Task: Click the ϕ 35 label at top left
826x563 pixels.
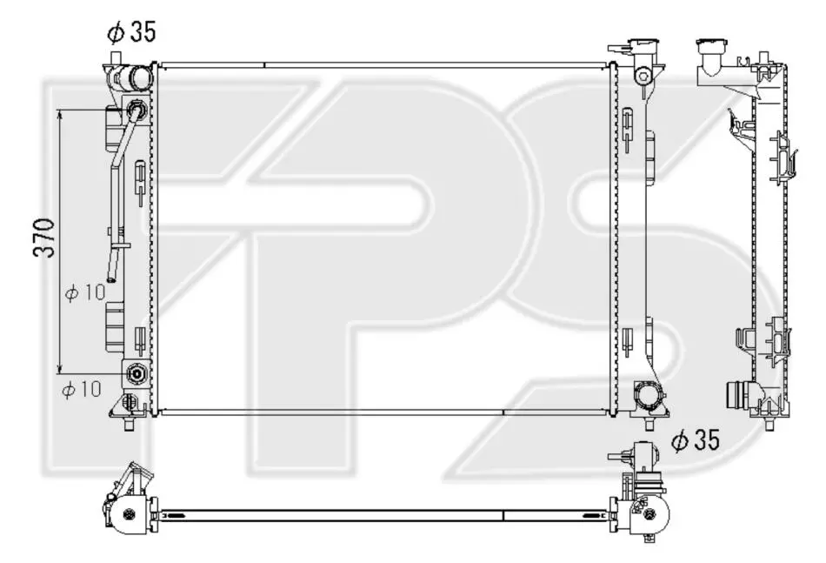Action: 131,33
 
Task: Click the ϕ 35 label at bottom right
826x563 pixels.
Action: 696,439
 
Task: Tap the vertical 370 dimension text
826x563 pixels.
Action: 44,238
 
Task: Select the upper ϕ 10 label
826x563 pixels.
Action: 85,292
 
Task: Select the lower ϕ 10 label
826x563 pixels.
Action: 82,390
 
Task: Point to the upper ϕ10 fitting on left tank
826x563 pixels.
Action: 136,110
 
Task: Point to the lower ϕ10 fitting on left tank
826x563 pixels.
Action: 136,374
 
